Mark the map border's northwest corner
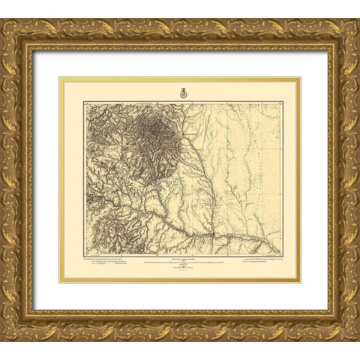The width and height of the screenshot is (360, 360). [x=85, y=103]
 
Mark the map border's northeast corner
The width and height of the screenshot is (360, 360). [x=282, y=103]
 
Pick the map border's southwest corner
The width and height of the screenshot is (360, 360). [x=85, y=255]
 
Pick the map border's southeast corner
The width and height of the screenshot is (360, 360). [x=282, y=255]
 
